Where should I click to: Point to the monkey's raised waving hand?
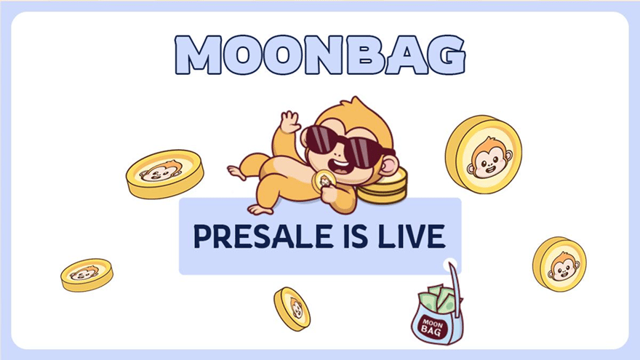[x=290, y=122]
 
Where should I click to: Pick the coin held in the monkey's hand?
[x=321, y=180]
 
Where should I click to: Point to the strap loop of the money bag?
[x=454, y=279]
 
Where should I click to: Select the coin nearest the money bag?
[x=559, y=263]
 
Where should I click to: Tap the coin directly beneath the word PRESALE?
[x=292, y=308]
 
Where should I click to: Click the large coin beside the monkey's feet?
[x=164, y=173]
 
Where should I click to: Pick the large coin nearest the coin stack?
[x=483, y=154]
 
